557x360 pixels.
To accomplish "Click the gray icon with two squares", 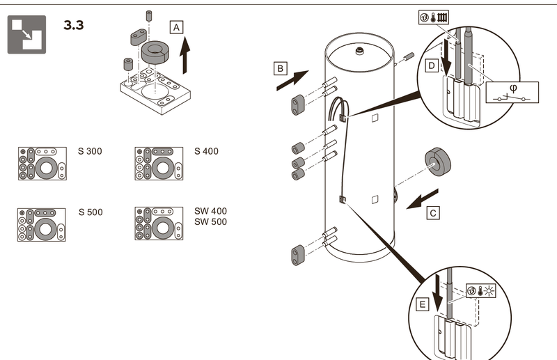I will coord(26,34).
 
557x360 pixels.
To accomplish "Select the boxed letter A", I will coord(177,27).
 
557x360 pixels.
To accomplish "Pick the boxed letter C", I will coord(433,214).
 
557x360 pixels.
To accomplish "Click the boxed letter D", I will coord(432,65).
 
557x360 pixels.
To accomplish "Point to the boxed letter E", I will coord(423,304).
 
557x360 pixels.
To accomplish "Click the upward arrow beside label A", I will coord(186,56).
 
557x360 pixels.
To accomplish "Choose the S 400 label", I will coord(207,152).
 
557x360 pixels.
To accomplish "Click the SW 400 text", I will coord(210,211).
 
